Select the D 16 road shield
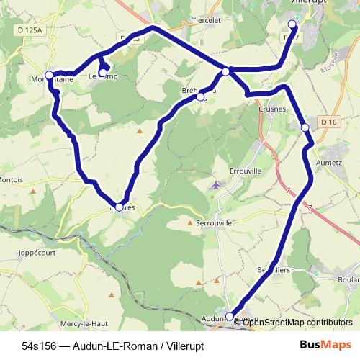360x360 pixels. [329, 122]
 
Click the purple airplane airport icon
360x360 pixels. [215, 186]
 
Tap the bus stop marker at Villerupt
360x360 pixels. [292, 23]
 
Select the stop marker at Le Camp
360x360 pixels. [103, 73]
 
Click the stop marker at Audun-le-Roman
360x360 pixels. [230, 316]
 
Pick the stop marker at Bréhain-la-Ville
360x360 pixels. [200, 96]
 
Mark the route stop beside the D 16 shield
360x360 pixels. [305, 127]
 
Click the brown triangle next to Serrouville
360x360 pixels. [190, 223]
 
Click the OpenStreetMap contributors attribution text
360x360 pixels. [297, 323]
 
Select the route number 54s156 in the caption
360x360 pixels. [41, 345]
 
